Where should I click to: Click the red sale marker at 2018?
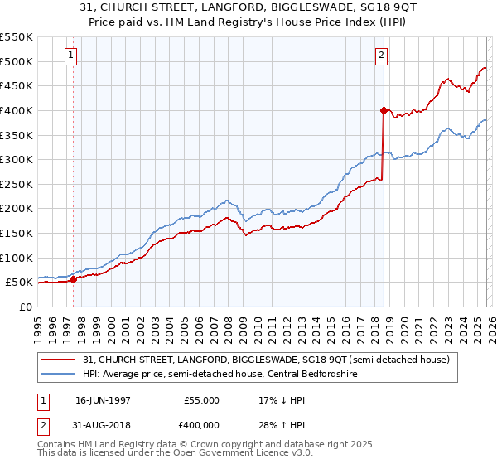(x=384, y=109)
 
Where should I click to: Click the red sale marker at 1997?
(x=74, y=279)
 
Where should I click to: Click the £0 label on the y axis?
(x=26, y=307)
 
